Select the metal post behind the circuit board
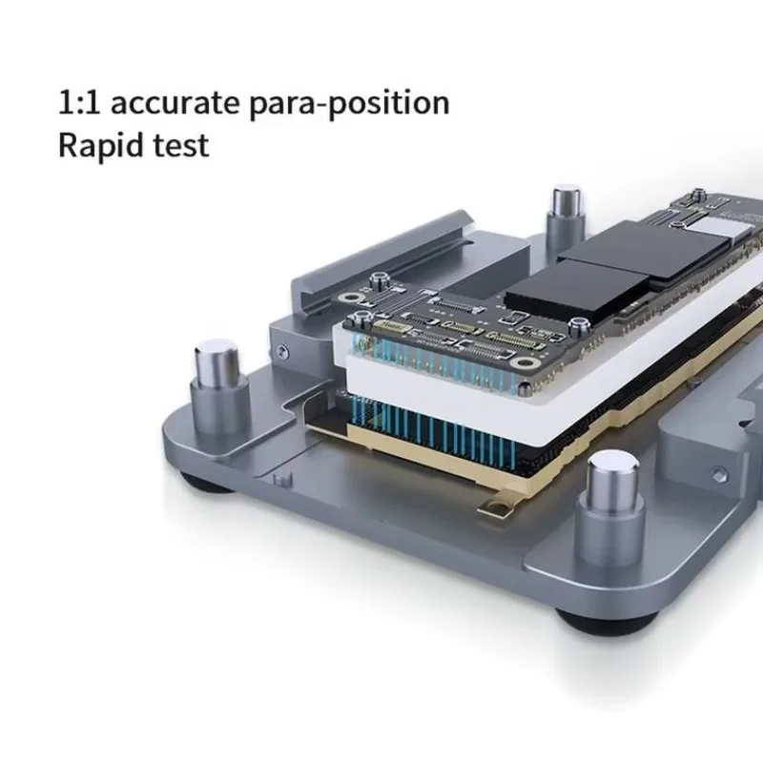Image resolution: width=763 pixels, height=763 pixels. [x=563, y=214]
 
